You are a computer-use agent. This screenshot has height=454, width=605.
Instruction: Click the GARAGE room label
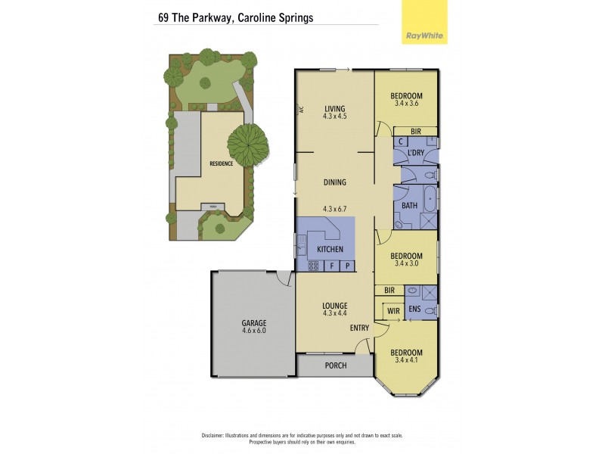tap(254, 323)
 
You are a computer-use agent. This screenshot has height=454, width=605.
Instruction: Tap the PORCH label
tap(335, 365)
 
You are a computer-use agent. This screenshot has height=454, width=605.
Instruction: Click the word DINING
tap(335, 182)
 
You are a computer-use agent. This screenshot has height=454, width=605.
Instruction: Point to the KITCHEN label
tap(330, 249)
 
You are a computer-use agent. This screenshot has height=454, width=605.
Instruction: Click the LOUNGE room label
tap(334, 305)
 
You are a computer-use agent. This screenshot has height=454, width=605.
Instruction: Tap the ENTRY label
tap(359, 328)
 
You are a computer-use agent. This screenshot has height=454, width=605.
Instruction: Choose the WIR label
tap(394, 310)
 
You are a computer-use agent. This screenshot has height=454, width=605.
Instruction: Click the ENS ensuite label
tap(414, 309)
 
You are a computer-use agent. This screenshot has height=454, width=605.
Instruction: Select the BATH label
tap(409, 205)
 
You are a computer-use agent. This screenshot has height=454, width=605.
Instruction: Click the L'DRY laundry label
tap(415, 154)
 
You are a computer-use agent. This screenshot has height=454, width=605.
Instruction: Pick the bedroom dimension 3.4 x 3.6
tap(406, 104)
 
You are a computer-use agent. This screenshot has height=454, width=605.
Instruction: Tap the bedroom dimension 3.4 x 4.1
tap(406, 361)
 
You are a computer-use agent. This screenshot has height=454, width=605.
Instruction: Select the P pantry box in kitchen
tap(348, 266)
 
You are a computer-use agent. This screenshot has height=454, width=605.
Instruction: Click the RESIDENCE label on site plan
tap(222, 163)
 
